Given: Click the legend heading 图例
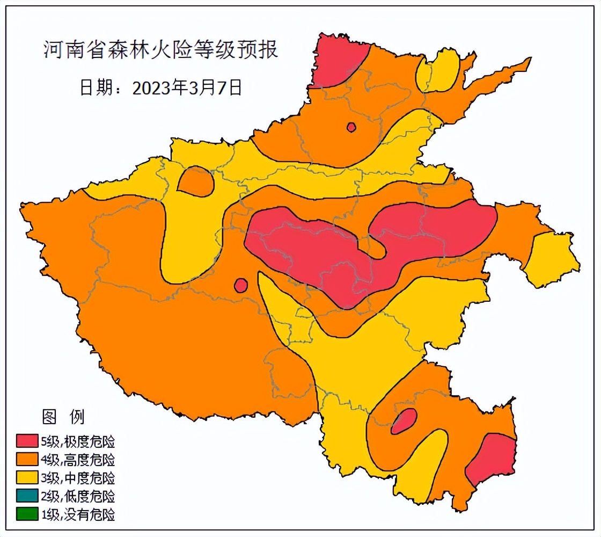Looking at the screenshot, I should point(63,416).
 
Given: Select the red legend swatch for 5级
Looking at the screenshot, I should point(27,441).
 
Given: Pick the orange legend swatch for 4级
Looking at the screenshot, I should point(27,460).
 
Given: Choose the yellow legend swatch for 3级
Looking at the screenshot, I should point(27,478).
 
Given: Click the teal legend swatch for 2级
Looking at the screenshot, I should point(27,496).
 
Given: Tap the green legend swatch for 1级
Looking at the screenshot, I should point(27,514).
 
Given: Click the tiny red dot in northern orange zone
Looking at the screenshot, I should point(351,127).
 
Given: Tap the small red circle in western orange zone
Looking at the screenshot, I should point(241,285).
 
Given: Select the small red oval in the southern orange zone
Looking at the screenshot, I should point(404,420).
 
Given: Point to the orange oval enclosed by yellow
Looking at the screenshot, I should point(196,182).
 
